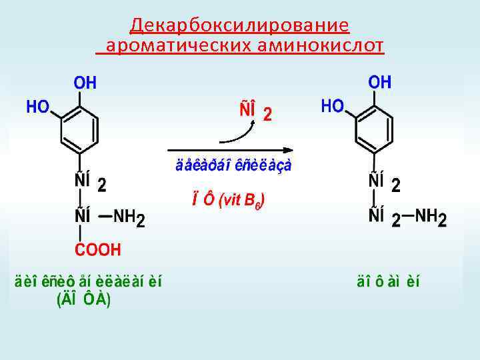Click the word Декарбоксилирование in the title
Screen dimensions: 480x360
(x=239, y=25)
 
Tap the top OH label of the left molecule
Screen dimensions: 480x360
(x=85, y=83)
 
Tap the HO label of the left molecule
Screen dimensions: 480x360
(x=37, y=107)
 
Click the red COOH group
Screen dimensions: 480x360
(x=97, y=250)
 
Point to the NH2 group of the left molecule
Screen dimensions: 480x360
(x=128, y=217)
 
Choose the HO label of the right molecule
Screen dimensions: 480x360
(x=332, y=106)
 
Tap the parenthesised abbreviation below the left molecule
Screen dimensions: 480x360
(x=83, y=300)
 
